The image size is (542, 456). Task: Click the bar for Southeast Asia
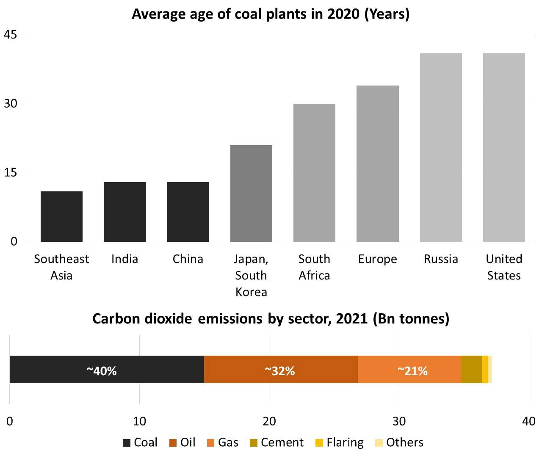tap(61, 216)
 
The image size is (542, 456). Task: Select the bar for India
tap(125, 212)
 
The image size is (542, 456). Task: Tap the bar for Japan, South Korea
tap(251, 193)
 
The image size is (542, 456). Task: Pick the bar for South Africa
tap(314, 173)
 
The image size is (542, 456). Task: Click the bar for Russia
tap(441, 147)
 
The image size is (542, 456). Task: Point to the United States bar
tap(504, 147)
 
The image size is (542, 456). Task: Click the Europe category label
tap(377, 259)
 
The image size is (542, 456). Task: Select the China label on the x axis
tap(188, 259)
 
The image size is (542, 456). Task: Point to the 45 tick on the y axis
tap(11, 35)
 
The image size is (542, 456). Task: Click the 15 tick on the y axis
tap(11, 173)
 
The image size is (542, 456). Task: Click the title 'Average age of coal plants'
tap(271, 14)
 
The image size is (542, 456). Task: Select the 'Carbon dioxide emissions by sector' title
tap(271, 318)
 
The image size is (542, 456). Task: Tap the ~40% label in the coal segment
tap(102, 371)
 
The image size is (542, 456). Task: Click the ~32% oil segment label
tap(279, 371)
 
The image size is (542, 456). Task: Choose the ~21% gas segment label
tap(412, 371)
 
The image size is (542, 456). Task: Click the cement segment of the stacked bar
tap(471, 369)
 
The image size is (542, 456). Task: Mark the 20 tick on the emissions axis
tap(269, 421)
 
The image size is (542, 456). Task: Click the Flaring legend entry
tap(340, 442)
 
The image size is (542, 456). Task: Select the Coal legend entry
tap(140, 442)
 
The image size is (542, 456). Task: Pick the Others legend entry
tap(399, 442)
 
